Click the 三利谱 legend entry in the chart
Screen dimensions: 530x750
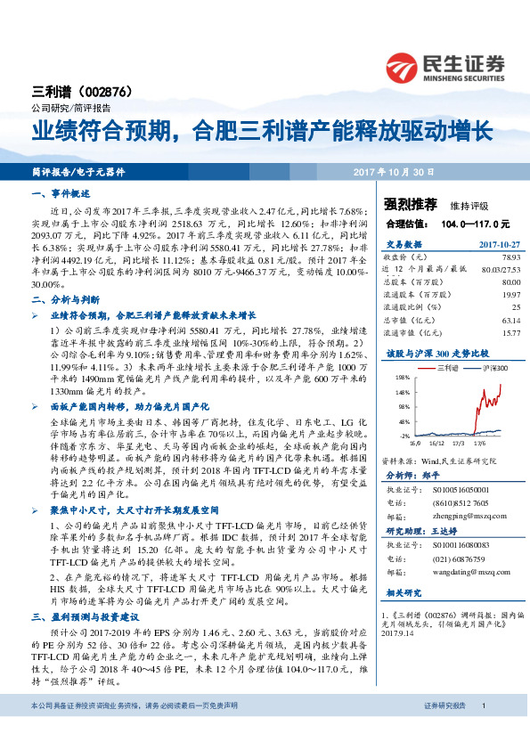click(x=446, y=367)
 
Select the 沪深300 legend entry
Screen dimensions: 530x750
click(x=495, y=367)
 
